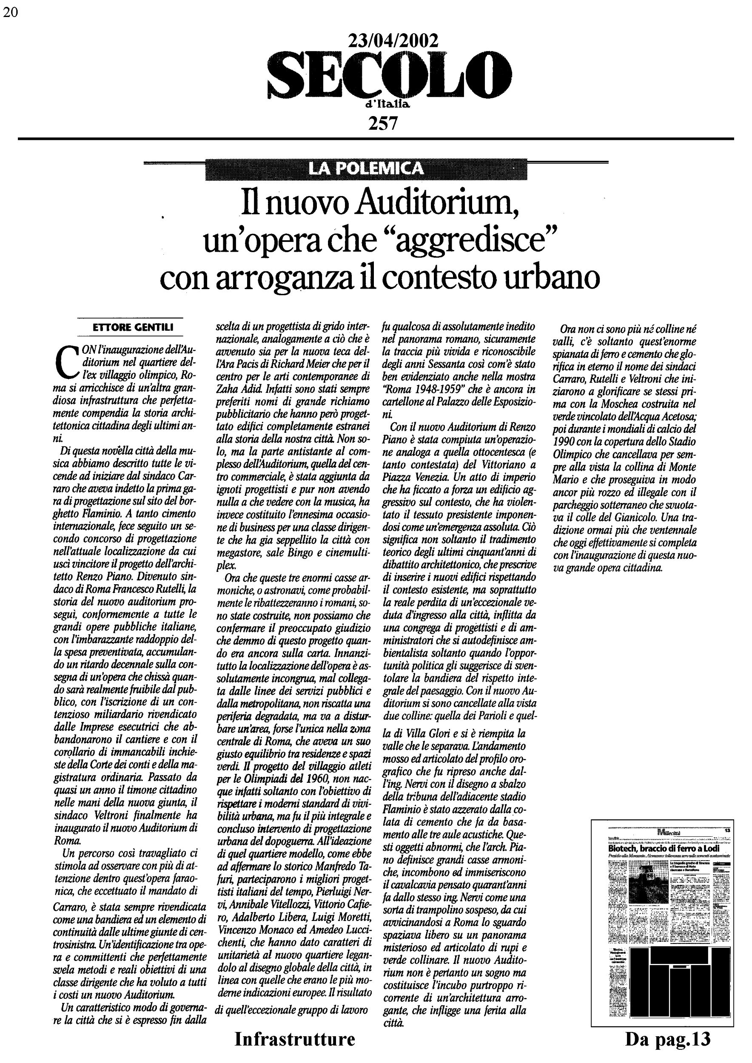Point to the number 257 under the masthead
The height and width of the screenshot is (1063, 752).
[382, 123]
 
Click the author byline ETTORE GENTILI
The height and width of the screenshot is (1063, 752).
[133, 327]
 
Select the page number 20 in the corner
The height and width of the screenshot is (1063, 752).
[10, 12]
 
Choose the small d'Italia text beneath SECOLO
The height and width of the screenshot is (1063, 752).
[388, 105]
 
